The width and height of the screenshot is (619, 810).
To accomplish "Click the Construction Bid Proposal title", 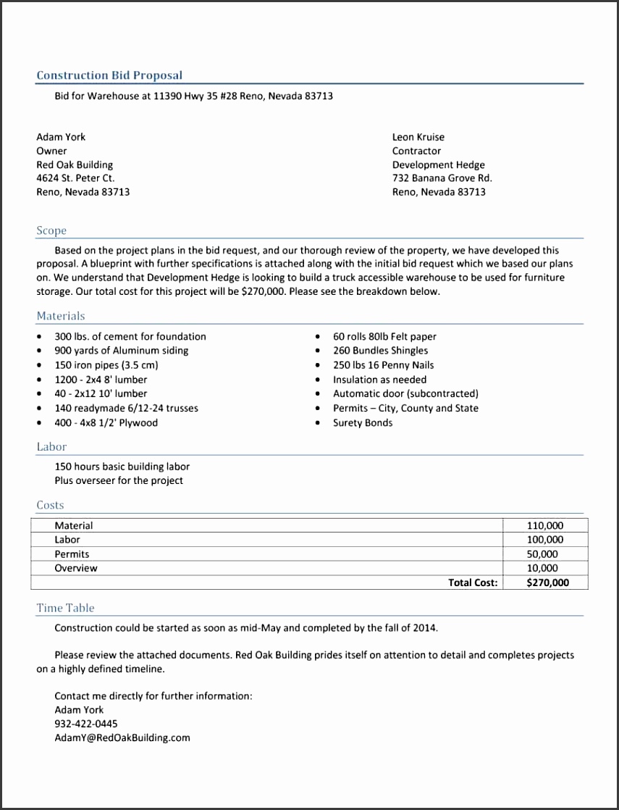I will pyautogui.click(x=109, y=75).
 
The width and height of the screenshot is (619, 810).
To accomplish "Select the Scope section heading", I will pyautogui.click(x=51, y=230).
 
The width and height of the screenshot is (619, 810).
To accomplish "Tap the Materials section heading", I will pyautogui.click(x=61, y=316).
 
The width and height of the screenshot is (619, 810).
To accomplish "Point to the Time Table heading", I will pyautogui.click(x=65, y=608).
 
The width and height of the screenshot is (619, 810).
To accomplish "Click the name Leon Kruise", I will pyautogui.click(x=418, y=137).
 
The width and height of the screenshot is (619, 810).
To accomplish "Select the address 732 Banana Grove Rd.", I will pyautogui.click(x=442, y=178).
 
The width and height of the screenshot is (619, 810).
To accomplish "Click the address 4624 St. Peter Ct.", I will pyautogui.click(x=75, y=178).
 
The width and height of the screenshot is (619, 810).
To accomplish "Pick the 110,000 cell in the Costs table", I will pyautogui.click(x=545, y=526).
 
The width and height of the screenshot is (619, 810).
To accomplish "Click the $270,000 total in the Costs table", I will pyautogui.click(x=547, y=583).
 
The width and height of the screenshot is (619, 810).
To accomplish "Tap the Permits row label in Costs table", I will pyautogui.click(x=72, y=554).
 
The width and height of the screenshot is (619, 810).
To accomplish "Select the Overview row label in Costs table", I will pyautogui.click(x=75, y=569).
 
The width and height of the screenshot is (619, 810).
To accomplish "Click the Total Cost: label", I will pyautogui.click(x=473, y=583).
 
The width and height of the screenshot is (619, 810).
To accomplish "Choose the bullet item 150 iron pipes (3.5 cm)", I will pyautogui.click(x=106, y=365).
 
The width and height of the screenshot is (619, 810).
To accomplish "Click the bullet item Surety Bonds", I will pyautogui.click(x=363, y=423).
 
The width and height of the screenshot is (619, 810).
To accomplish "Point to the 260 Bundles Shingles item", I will pyautogui.click(x=380, y=351).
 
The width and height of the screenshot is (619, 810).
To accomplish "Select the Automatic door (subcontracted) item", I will pyautogui.click(x=405, y=394).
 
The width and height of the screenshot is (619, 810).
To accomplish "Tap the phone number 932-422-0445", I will pyautogui.click(x=86, y=724).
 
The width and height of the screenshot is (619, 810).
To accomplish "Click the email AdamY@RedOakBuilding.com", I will pyautogui.click(x=122, y=738).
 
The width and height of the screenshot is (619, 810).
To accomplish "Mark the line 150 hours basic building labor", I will pyautogui.click(x=122, y=467).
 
